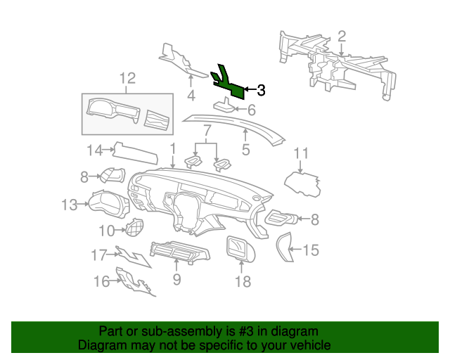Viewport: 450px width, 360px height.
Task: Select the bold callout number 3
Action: [x=261, y=90]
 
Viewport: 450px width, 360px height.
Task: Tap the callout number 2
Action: [x=342, y=37]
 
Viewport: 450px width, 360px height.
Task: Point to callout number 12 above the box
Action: [x=127, y=78]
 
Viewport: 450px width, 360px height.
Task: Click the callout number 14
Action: [x=95, y=150]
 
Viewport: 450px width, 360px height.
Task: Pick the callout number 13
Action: [x=70, y=205]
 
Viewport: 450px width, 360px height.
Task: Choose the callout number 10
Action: [x=107, y=230]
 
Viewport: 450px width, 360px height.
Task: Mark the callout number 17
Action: [x=98, y=255]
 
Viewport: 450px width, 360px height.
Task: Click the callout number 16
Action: [x=101, y=281]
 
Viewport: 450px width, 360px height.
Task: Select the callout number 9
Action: [x=177, y=279]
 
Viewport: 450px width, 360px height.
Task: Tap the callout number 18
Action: [x=243, y=281]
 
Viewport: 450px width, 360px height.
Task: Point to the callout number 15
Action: [x=311, y=250]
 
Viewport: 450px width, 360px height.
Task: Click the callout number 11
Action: [x=302, y=153]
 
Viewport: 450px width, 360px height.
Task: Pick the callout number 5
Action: [x=245, y=150]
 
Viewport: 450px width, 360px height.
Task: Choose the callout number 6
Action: [x=252, y=110]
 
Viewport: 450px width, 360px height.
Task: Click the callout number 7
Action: [x=207, y=131]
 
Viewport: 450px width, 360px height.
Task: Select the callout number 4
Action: [x=191, y=96]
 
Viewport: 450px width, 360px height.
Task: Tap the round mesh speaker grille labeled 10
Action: [x=134, y=227]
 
